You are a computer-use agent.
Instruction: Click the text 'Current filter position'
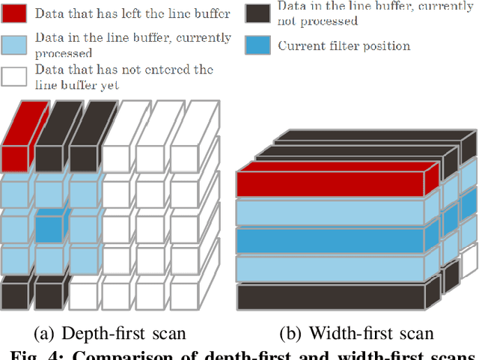[x=344, y=46]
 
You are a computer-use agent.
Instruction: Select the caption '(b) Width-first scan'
[x=356, y=333]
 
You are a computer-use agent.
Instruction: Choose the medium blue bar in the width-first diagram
[x=337, y=240]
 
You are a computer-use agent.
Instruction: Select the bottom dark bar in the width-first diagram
[x=337, y=296]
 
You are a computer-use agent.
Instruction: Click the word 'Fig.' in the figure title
[x=20, y=353]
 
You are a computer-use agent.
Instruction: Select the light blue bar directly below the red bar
[x=337, y=213]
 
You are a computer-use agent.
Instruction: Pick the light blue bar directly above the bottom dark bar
[x=337, y=268]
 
